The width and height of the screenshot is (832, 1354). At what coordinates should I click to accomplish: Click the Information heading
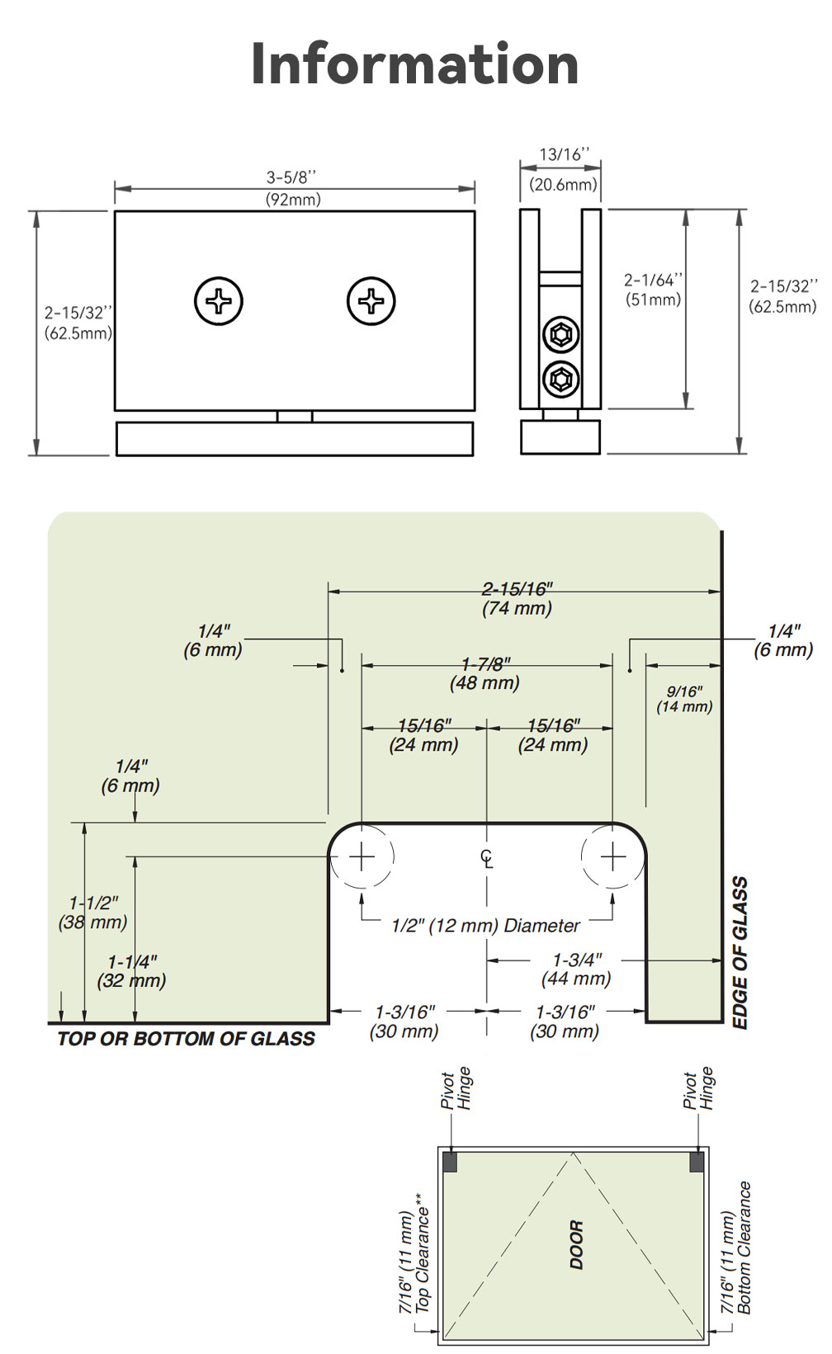pos(415,64)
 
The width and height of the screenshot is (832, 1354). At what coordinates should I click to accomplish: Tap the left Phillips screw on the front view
pos(218,301)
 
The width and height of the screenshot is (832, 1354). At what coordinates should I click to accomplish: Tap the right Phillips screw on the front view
pos(371,301)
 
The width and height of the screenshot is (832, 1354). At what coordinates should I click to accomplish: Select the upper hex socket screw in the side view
pos(561,334)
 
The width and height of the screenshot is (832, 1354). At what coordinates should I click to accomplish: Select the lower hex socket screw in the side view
pos(561,380)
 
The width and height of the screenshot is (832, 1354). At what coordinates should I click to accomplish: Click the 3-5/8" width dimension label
pos(293,188)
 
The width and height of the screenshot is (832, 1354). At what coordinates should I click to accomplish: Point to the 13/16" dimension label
pos(563,169)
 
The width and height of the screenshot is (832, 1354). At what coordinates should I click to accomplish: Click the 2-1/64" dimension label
pos(653,290)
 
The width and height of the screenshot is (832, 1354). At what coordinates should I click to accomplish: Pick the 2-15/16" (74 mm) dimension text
pos(517,598)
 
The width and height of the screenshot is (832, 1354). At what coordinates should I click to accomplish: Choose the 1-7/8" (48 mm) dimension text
pos(485,674)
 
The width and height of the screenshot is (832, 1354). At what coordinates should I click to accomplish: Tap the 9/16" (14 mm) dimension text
pos(684,700)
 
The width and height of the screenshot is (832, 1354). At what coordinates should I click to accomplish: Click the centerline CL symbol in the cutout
pos(487,858)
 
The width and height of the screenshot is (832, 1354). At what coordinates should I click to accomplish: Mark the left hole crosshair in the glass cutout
pos(362,856)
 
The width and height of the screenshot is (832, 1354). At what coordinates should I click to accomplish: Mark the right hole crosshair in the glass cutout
pos(612,856)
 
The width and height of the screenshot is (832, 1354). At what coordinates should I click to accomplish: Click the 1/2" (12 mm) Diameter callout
pos(485,926)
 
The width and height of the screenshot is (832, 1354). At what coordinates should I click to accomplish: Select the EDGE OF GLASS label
pos(740,953)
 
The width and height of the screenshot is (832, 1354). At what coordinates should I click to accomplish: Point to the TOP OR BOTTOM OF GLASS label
pos(187,1039)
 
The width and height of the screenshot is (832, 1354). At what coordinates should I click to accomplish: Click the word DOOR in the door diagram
pos(577,1245)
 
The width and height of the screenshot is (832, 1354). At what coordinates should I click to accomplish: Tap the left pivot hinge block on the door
pos(450,1162)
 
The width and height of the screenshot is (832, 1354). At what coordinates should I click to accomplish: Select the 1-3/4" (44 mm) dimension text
pos(576,969)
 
